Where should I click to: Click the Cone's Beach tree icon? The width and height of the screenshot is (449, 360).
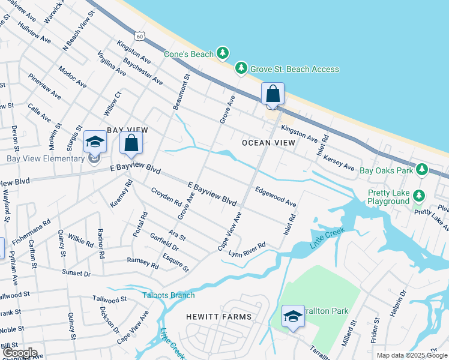click(223, 54)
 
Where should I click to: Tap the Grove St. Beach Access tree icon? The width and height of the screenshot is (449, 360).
click(241, 69)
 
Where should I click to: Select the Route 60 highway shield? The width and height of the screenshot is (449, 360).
click(139, 36)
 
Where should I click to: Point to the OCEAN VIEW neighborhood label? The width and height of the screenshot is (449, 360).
click(268, 143)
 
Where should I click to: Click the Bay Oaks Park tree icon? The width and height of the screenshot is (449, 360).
click(421, 170)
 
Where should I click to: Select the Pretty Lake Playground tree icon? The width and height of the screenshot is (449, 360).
click(419, 196)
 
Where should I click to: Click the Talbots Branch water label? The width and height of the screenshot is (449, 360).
click(169, 295)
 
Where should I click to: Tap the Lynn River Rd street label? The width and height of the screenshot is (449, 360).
click(247, 248)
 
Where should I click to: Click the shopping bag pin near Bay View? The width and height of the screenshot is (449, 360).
click(131, 144)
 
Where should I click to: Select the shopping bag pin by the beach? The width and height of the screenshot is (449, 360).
click(273, 94)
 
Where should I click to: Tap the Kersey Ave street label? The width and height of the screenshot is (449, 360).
click(339, 160)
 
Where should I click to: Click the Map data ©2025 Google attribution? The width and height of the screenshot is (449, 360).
click(411, 355)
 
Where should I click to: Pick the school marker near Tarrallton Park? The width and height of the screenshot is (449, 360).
click(292, 317)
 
